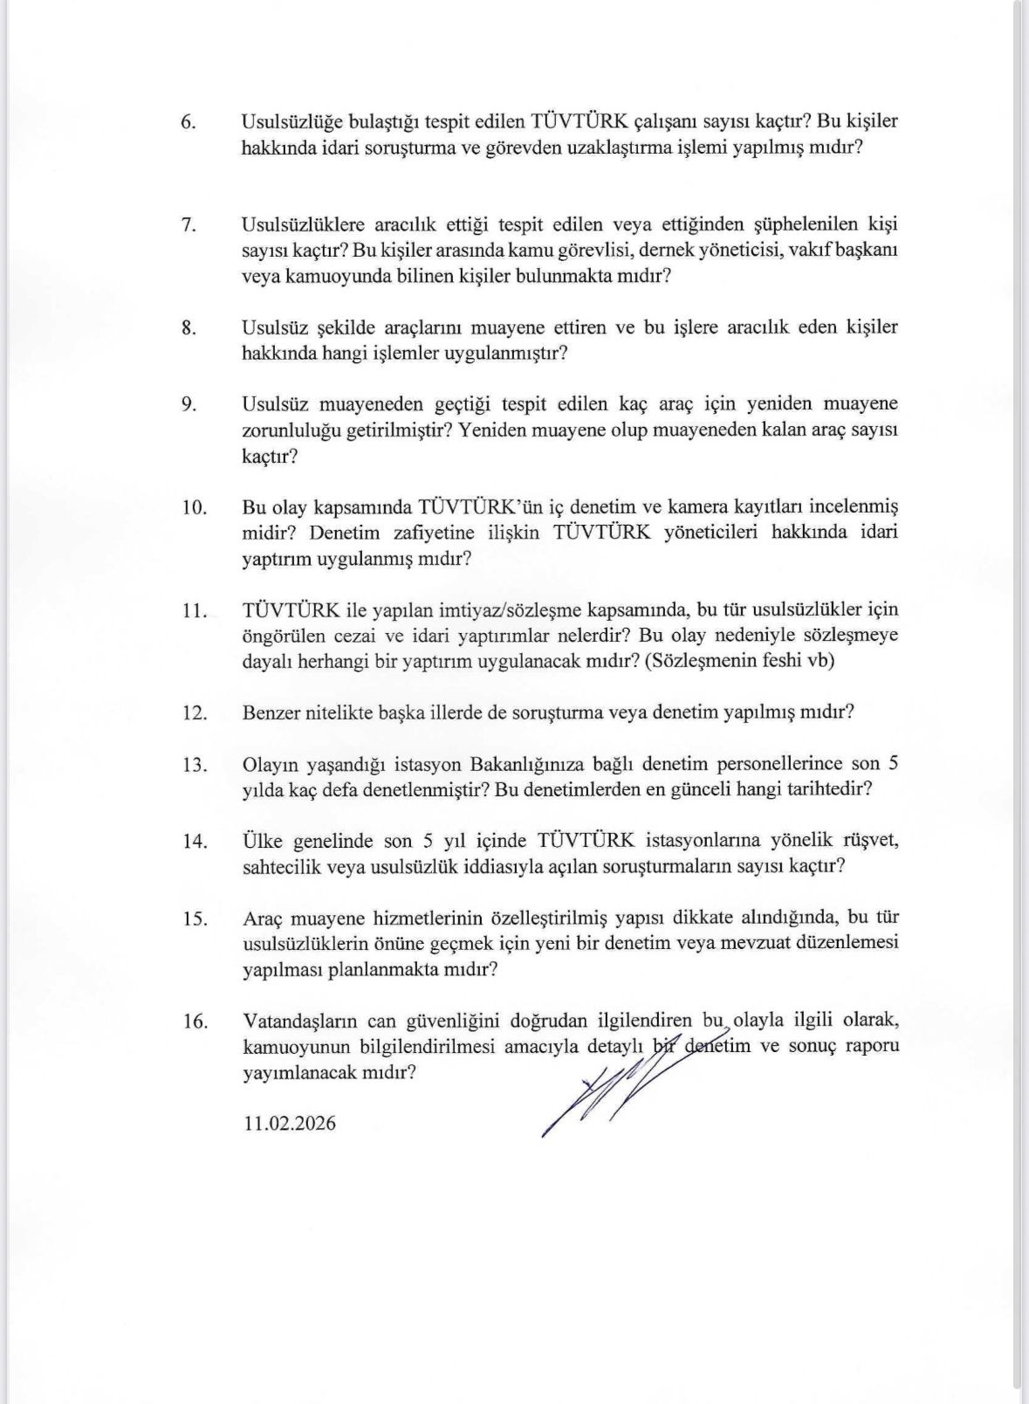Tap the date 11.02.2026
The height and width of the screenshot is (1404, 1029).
pyautogui.click(x=289, y=1123)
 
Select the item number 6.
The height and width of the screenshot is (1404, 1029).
pyautogui.click(x=188, y=121)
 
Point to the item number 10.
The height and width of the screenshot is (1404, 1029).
pyautogui.click(x=194, y=507)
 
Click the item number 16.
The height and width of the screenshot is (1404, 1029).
pyautogui.click(x=194, y=1021)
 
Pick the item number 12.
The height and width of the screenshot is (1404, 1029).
pyautogui.click(x=194, y=712)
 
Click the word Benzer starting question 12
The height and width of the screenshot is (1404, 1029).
pyautogui.click(x=273, y=712)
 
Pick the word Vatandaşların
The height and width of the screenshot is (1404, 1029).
pyautogui.click(x=298, y=1020)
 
